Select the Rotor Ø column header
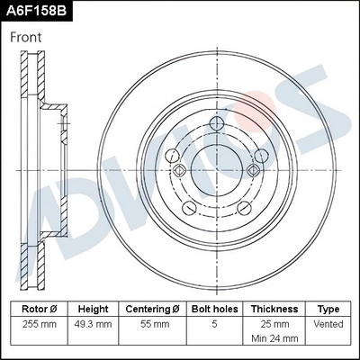point(39,309)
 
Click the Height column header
point(94,309)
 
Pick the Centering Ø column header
point(153,309)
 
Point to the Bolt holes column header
point(214,309)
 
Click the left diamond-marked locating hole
point(180,168)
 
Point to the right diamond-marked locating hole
point(253,168)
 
